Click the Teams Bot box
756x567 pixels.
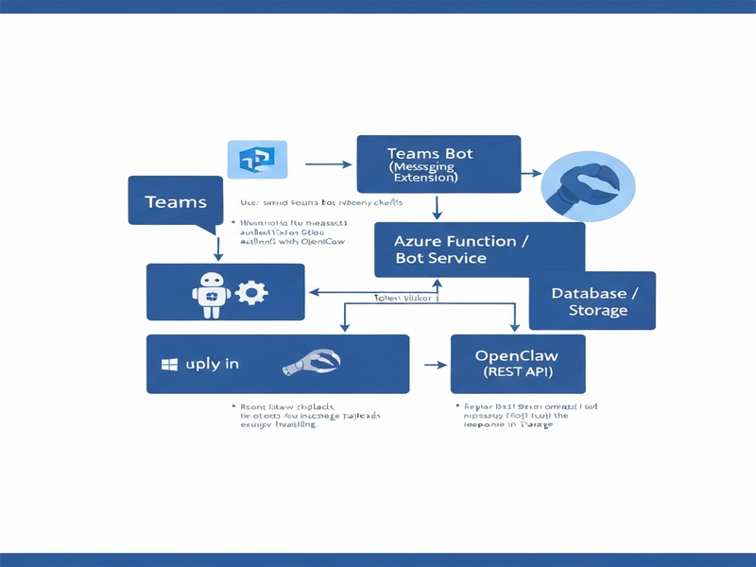click(x=438, y=164)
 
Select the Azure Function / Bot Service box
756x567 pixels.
click(x=479, y=249)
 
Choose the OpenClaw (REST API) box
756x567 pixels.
click(x=517, y=364)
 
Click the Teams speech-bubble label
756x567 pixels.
click(x=177, y=201)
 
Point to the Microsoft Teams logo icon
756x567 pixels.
click(x=257, y=160)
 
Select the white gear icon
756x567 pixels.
click(x=250, y=292)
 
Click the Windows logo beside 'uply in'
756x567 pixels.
click(x=171, y=364)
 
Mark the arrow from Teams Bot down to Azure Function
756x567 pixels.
click(x=438, y=207)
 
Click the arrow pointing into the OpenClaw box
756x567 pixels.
click(x=435, y=364)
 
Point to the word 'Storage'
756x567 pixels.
click(x=597, y=310)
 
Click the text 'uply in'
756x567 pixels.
click(x=212, y=364)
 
